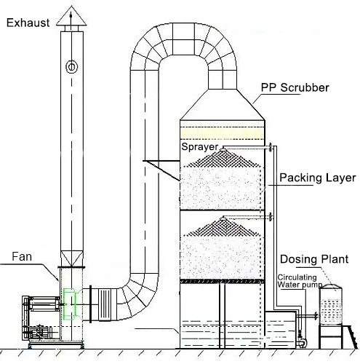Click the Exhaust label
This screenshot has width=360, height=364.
(28, 22)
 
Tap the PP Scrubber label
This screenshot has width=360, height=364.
(295, 88)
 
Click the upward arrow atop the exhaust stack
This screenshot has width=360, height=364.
(70, 11)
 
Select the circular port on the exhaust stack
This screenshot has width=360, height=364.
(71, 67)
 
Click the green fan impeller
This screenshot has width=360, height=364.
(71, 304)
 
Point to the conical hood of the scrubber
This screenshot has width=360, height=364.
(223, 109)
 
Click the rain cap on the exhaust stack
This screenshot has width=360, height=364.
(71, 28)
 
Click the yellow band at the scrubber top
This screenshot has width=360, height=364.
(223, 133)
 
